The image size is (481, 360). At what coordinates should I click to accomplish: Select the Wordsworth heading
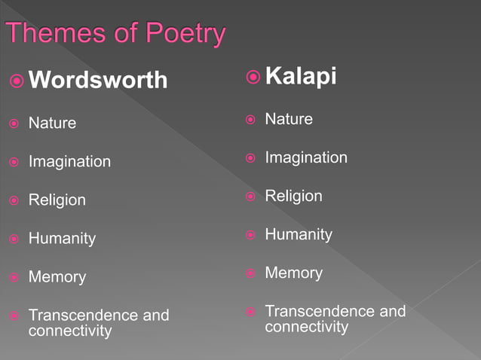(x=98, y=80)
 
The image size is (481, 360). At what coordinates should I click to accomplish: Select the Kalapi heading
(x=301, y=77)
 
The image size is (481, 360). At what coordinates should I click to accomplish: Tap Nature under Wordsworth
(x=52, y=123)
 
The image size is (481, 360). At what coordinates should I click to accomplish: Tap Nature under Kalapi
(x=289, y=119)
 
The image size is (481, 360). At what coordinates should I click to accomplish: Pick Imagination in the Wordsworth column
(x=69, y=161)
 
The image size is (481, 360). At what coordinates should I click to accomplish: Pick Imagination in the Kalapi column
(x=306, y=157)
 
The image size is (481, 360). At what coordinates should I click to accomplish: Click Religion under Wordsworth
(x=57, y=200)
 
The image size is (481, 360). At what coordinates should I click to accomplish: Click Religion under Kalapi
(x=293, y=196)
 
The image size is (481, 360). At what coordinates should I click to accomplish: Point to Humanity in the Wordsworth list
(x=62, y=239)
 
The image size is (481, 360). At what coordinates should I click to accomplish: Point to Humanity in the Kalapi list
(x=299, y=235)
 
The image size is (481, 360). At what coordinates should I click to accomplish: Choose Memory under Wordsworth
(x=57, y=277)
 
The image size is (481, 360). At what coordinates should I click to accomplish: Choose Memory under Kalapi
(x=293, y=273)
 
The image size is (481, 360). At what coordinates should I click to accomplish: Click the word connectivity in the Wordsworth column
(x=70, y=331)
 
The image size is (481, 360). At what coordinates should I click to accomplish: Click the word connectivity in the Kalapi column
(x=307, y=327)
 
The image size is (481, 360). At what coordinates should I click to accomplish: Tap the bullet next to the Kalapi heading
(x=253, y=77)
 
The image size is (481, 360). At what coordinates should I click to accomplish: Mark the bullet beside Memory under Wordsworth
(x=14, y=277)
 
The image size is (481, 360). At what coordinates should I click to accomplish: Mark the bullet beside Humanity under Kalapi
(x=250, y=235)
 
